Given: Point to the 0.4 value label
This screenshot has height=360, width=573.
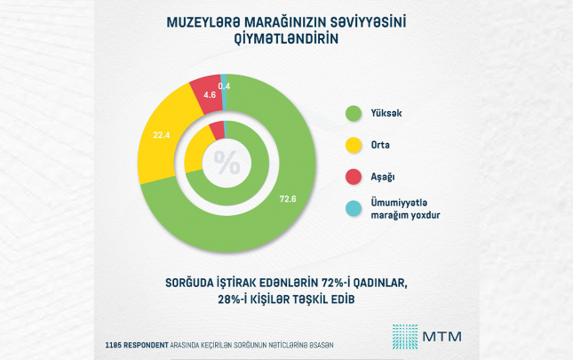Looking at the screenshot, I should [x=224, y=85].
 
